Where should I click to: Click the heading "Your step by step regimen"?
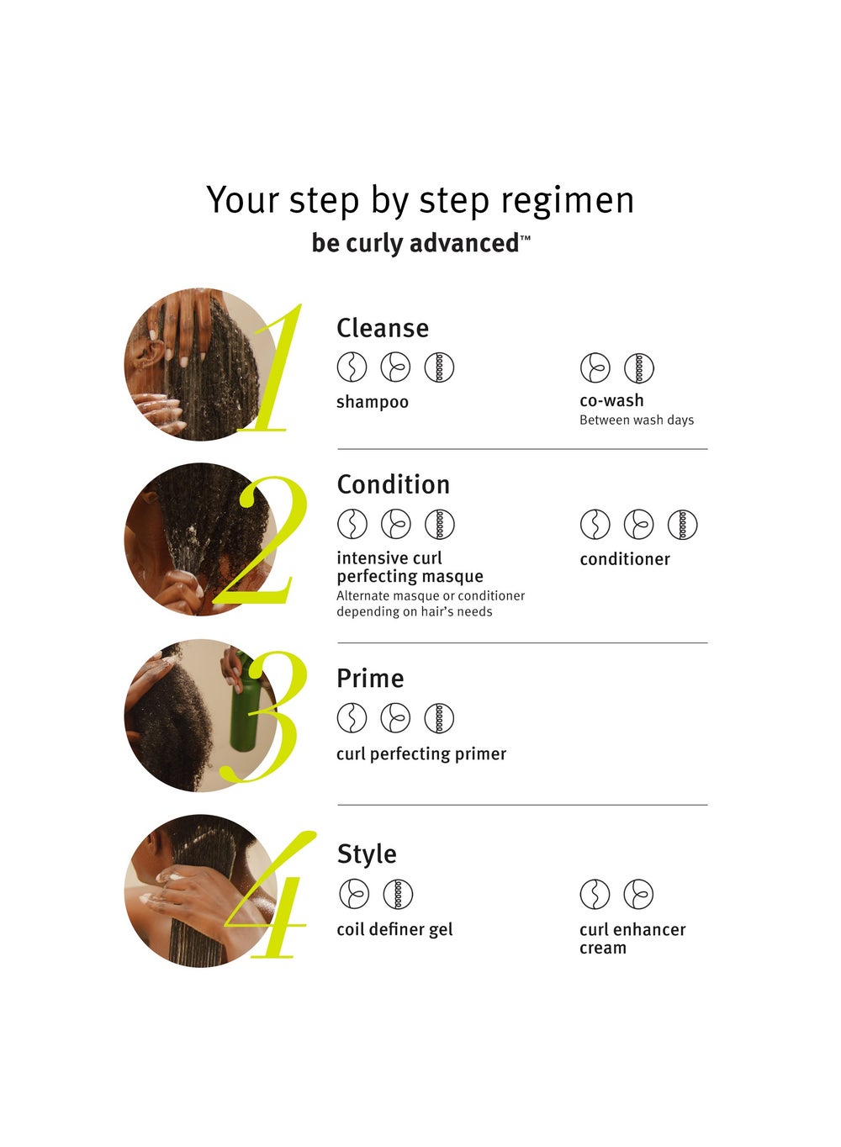coord(420,200)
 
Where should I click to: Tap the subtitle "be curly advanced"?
coord(420,243)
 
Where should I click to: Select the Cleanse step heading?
coord(383,328)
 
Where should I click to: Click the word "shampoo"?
coord(373,403)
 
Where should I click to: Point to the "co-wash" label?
coord(611,400)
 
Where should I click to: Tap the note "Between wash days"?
coord(637,420)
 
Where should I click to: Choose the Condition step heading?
coord(394,484)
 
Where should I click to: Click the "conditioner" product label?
coord(625,558)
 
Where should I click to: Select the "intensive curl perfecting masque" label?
coord(410,567)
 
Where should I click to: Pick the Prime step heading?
coord(370,679)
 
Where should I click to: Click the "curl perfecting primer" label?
coord(421,754)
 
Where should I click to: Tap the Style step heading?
coord(367,854)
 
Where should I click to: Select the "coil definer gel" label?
coord(394,929)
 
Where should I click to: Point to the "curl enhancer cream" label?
coord(632,938)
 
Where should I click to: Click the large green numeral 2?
coord(259,540)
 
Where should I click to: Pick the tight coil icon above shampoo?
coord(439,367)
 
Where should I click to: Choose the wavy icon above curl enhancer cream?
coord(595,894)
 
